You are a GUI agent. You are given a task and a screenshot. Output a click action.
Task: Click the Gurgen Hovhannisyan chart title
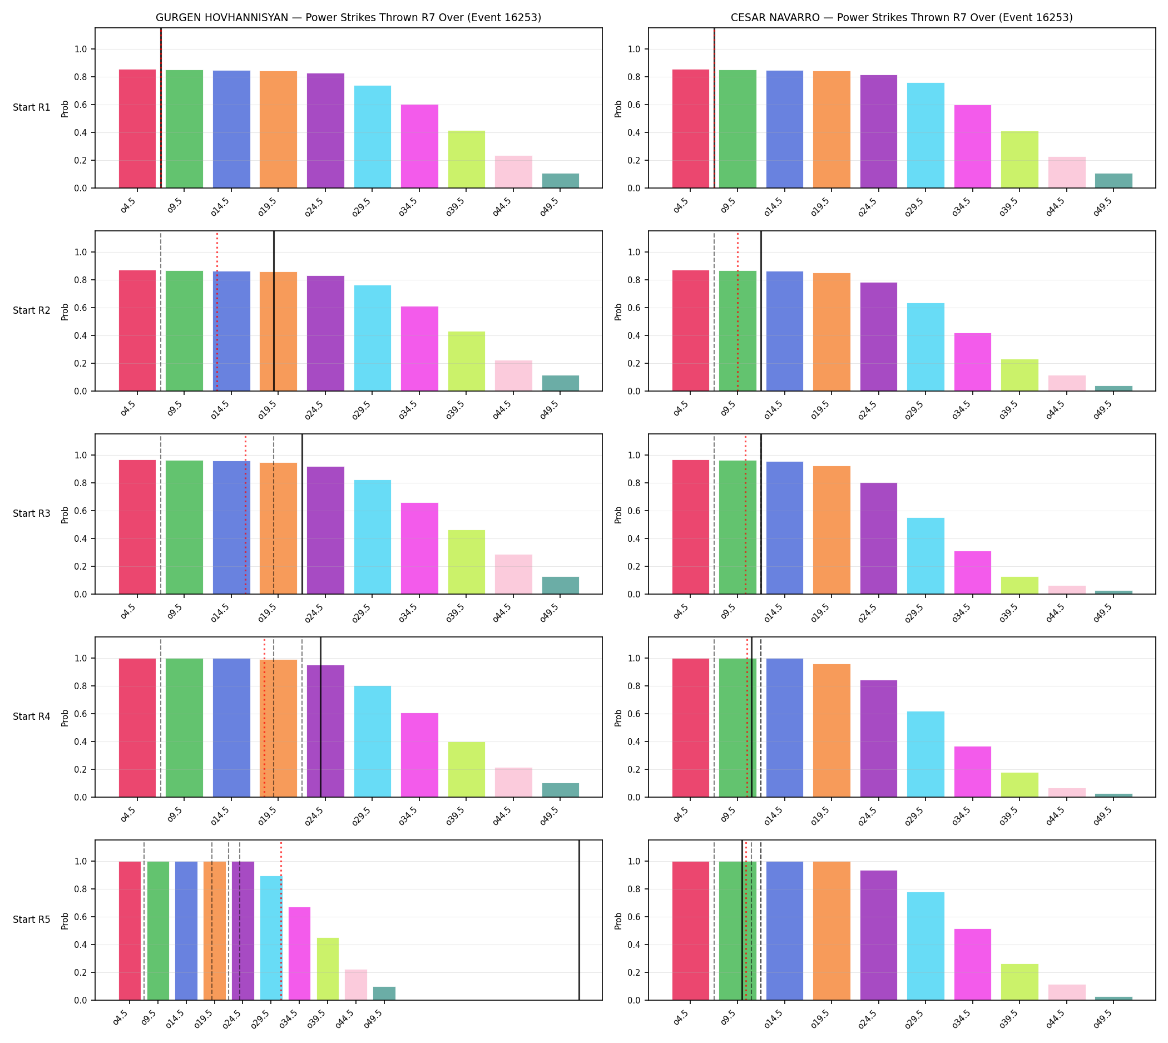coord(348,17)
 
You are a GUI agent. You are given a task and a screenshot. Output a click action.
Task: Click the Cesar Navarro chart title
coord(902,17)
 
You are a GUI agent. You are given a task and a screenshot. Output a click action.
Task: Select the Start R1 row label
coord(32,107)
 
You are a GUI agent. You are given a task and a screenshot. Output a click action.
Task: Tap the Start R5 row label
coord(32,919)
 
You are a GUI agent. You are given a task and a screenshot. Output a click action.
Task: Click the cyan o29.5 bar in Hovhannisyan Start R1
coord(373,137)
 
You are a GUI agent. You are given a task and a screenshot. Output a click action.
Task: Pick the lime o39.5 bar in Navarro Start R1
coord(1019,160)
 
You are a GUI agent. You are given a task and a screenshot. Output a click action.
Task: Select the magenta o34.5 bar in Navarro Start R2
coord(973,362)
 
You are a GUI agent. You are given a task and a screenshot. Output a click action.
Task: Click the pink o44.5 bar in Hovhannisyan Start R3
coord(513,574)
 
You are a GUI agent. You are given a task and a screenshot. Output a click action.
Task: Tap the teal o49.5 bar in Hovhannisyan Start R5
coord(384,993)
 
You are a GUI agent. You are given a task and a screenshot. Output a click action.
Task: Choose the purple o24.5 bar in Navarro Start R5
coord(879,935)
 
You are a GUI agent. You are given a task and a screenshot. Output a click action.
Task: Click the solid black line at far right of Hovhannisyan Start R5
coord(580,920)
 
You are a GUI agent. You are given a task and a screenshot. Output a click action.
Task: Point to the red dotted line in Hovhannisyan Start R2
coord(217,311)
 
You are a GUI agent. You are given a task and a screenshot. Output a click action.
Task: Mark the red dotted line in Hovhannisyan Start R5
coord(281,920)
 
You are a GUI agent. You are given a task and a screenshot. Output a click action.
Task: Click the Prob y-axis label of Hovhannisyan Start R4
coord(65,718)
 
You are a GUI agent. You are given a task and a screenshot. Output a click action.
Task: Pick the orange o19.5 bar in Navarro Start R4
coord(832,731)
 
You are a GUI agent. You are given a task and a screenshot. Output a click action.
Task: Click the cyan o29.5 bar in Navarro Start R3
coord(926,556)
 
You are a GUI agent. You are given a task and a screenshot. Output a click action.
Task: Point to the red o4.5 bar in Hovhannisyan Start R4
coord(137,728)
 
